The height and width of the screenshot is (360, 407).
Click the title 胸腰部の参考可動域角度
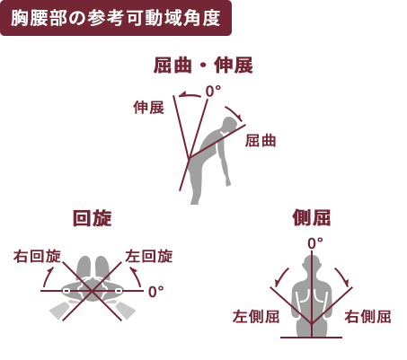pyautogui.click(x=116, y=18)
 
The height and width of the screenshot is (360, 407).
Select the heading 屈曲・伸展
pyautogui.click(x=203, y=66)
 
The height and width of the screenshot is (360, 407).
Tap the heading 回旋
pyautogui.click(x=93, y=218)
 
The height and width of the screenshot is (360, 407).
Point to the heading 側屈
pyautogui.click(x=312, y=217)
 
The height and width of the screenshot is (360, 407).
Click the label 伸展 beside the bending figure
pyautogui.click(x=149, y=108)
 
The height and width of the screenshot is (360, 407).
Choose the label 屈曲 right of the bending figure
pyautogui.click(x=261, y=141)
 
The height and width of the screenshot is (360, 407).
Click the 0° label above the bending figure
pyautogui.click(x=213, y=92)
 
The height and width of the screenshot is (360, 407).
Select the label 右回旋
pyautogui.click(x=37, y=257)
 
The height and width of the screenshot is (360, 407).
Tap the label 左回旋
pyautogui.click(x=149, y=257)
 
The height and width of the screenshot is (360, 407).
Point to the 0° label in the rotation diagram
pyautogui.click(x=156, y=292)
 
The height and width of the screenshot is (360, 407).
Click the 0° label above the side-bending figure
pyautogui.click(x=315, y=243)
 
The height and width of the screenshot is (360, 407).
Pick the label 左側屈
pyautogui.click(x=256, y=316)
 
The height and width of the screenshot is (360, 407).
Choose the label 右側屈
pyautogui.click(x=367, y=316)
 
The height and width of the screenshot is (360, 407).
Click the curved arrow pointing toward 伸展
pyautogui.click(x=190, y=94)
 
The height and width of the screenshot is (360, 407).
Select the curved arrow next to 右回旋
pyautogui.click(x=47, y=277)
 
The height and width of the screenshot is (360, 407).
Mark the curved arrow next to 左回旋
pyautogui.click(x=137, y=277)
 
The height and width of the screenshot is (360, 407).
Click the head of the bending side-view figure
pyautogui.click(x=230, y=124)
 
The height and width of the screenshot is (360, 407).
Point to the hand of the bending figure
pyautogui.click(x=228, y=181)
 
